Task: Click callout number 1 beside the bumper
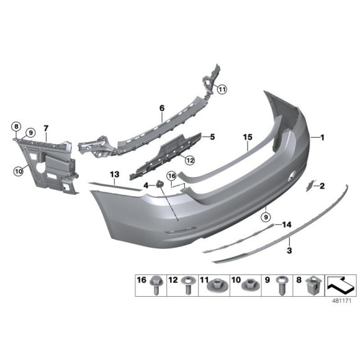323,137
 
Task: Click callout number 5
212,136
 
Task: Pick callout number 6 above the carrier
161,108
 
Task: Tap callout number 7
46,129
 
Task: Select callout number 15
248,136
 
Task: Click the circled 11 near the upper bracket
222,89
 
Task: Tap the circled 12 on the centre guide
189,160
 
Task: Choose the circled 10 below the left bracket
19,168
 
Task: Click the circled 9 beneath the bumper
265,217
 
